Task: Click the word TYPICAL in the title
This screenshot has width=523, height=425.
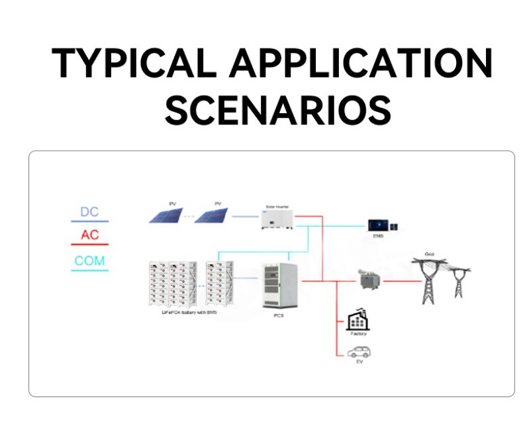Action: click(135, 64)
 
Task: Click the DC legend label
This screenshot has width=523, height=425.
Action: click(89, 212)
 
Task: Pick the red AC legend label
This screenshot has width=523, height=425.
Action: click(89, 236)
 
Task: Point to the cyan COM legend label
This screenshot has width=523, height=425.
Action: click(89, 261)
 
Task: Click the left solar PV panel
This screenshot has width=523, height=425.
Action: click(166, 215)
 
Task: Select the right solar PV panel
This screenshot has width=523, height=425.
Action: click(212, 215)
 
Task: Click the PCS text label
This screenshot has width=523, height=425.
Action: click(279, 316)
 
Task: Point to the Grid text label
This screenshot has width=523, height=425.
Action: click(429, 254)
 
